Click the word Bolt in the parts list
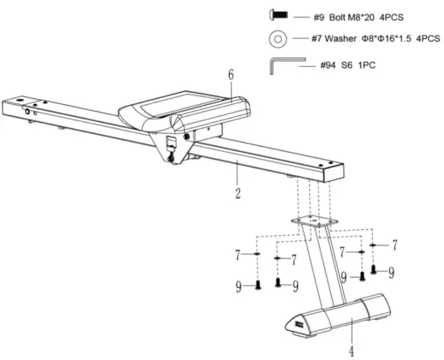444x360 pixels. click(341, 15)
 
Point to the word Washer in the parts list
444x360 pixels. click(348, 38)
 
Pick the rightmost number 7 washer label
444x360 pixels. click(395, 244)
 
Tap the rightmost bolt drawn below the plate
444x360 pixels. click(373, 271)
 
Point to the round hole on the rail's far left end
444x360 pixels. click(27, 111)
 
